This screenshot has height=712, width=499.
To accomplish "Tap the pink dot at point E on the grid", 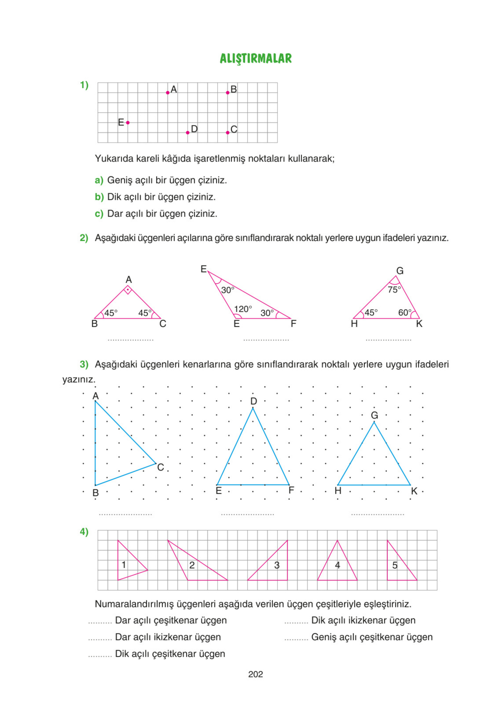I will click(128, 123).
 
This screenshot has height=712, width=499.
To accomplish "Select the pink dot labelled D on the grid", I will click(187, 133).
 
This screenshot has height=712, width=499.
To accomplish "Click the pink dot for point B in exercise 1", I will click(228, 93).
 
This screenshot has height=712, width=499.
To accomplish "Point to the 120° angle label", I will click(243, 309).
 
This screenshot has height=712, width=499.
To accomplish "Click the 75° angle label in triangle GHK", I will click(394, 290).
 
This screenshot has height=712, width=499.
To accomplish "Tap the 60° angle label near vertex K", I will click(405, 313).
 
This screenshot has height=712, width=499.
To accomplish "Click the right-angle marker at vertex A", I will click(128, 290).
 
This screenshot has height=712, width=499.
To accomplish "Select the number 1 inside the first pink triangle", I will click(124, 565).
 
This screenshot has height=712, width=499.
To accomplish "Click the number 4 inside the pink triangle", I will click(337, 565).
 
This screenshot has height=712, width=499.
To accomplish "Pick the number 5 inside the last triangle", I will click(395, 565).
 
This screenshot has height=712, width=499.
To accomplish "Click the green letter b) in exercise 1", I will click(99, 197).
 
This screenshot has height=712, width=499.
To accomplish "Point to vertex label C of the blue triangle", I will click(160, 467).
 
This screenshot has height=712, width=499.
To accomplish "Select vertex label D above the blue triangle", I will click(253, 401).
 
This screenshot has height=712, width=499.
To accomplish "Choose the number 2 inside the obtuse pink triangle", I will click(192, 565).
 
